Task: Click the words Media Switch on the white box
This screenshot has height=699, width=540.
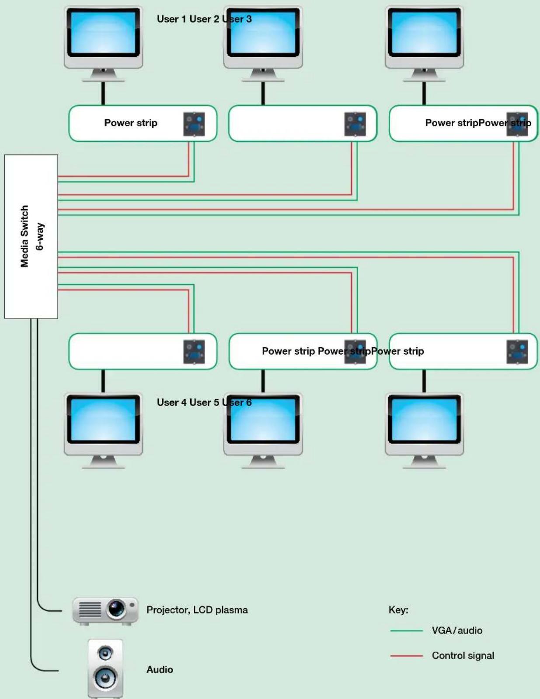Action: [x=24, y=236]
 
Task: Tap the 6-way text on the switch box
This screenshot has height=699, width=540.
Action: [x=40, y=237]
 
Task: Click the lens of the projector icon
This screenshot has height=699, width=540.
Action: [x=116, y=609]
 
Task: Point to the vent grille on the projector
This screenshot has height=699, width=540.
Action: [x=90, y=609]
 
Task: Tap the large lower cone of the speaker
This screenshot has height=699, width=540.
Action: [x=105, y=678]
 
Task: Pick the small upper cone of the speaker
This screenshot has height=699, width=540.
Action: [x=105, y=653]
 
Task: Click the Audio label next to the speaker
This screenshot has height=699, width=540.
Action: [x=160, y=669]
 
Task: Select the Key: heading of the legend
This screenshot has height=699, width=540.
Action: [x=398, y=610]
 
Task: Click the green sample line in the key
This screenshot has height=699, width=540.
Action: [x=406, y=631]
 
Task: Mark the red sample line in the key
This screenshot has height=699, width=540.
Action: [x=406, y=656]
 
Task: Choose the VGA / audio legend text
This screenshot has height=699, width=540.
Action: [x=457, y=630]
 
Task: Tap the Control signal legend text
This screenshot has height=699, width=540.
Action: [x=463, y=656]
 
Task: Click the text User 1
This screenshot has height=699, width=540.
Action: [x=172, y=19]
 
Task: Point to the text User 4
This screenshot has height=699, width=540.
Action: [x=172, y=403]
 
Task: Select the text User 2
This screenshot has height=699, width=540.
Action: [x=204, y=19]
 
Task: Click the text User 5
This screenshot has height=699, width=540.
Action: [x=204, y=403]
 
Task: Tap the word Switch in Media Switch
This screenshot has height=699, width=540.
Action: [x=24, y=221]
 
